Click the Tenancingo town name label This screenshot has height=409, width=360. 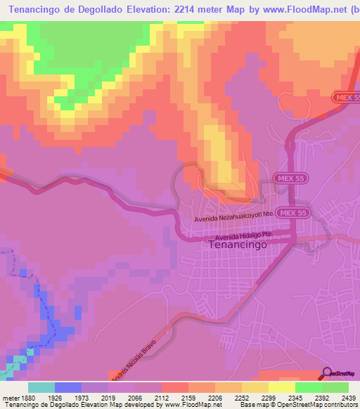238,247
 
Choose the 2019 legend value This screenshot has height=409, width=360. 108,398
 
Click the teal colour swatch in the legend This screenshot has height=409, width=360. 41,387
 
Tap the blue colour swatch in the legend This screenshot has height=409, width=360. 68,387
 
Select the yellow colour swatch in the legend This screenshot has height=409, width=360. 282,387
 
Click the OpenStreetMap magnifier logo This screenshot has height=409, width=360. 327,373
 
